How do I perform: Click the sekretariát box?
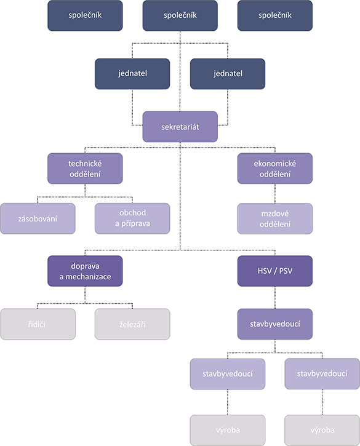180,127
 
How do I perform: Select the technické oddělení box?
85,169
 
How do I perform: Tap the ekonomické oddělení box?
275,169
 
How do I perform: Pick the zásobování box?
38,218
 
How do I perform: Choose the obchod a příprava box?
132,218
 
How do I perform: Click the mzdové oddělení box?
275,218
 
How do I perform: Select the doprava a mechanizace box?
85,271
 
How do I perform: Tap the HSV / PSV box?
275,271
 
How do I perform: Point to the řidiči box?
38,324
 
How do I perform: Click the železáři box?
132,324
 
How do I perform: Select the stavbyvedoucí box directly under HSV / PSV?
275,324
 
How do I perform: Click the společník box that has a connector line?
180,15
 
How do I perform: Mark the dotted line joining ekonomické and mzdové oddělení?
275,193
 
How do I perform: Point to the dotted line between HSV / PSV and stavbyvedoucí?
275,298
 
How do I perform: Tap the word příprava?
135,224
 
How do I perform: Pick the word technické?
85,164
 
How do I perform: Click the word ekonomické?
275,164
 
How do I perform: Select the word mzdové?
275,213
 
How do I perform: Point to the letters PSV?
286,271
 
